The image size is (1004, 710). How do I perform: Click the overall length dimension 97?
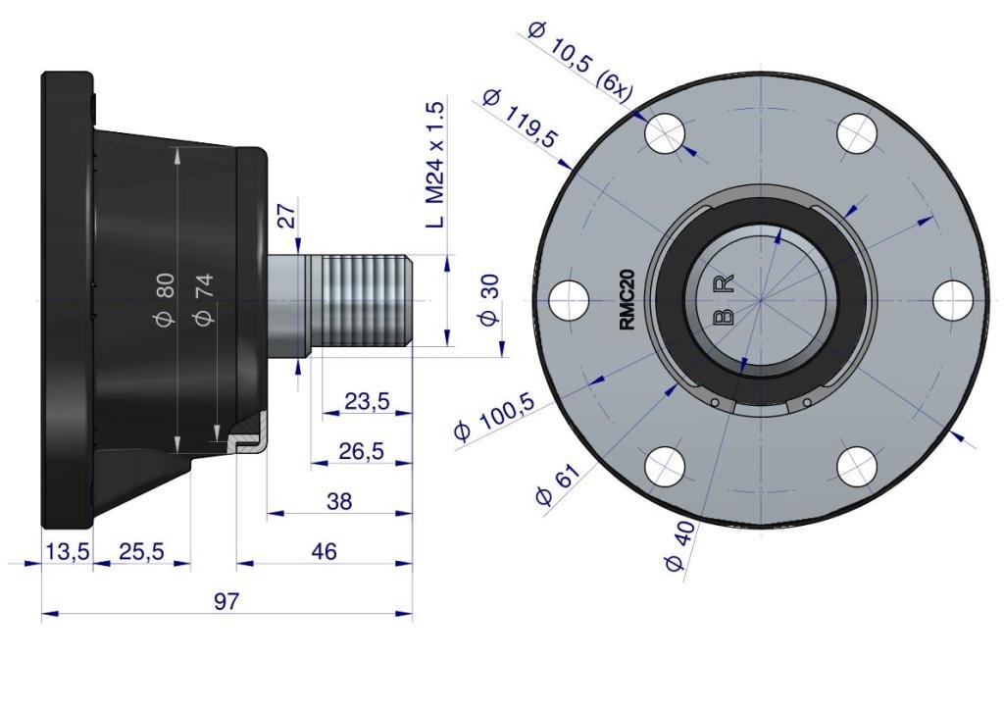pyautogui.click(x=226, y=601)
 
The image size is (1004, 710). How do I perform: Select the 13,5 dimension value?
pyautogui.click(x=68, y=551)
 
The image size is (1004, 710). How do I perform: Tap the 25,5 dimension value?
pyautogui.click(x=141, y=551)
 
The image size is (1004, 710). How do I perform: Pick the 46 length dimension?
pyautogui.click(x=324, y=551)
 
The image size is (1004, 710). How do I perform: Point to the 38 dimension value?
pyautogui.click(x=338, y=501)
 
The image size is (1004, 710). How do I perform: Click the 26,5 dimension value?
pyautogui.click(x=361, y=451)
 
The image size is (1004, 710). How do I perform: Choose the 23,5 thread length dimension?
pyautogui.click(x=367, y=401)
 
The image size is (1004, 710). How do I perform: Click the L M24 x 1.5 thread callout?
pyautogui.click(x=434, y=165)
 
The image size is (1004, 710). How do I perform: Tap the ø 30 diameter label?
pyautogui.click(x=490, y=300)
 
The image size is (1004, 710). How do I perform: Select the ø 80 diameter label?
pyautogui.click(x=165, y=299)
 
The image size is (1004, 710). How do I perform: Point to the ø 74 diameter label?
pyautogui.click(x=204, y=299)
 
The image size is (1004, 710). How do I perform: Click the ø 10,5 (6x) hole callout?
pyautogui.click(x=580, y=62)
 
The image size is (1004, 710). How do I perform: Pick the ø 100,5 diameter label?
pyautogui.click(x=495, y=417)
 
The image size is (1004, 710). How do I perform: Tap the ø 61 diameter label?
pyautogui.click(x=558, y=484)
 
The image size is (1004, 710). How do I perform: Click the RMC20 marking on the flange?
pyautogui.click(x=627, y=300)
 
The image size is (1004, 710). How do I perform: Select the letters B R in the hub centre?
pyautogui.click(x=725, y=300)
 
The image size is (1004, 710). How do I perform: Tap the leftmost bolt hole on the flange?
pyautogui.click(x=570, y=300)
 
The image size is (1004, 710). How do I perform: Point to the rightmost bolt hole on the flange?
pyautogui.click(x=953, y=300)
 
